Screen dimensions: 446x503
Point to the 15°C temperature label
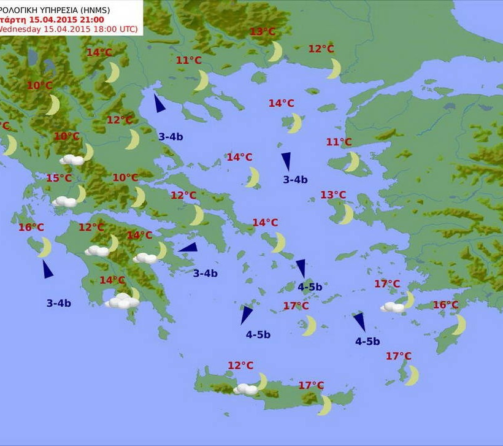tap(59, 178)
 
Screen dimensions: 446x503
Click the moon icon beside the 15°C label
tap(80, 193)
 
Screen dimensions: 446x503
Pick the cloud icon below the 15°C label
tap(64, 201)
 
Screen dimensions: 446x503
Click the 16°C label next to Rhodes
tap(445, 305)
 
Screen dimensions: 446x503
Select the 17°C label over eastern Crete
tap(311, 385)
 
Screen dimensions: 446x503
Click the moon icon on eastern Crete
tap(324, 405)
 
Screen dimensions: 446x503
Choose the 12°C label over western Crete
tap(240, 366)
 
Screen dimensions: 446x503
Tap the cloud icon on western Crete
tap(246, 389)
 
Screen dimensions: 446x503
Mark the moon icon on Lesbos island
tap(352, 162)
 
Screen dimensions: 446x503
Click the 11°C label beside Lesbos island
tap(339, 142)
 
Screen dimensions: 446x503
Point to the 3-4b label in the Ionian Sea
tap(59, 302)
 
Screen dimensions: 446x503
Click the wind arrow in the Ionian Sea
tap(47, 269)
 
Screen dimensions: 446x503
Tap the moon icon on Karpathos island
tap(412, 375)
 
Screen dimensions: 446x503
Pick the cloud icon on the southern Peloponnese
tap(122, 301)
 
